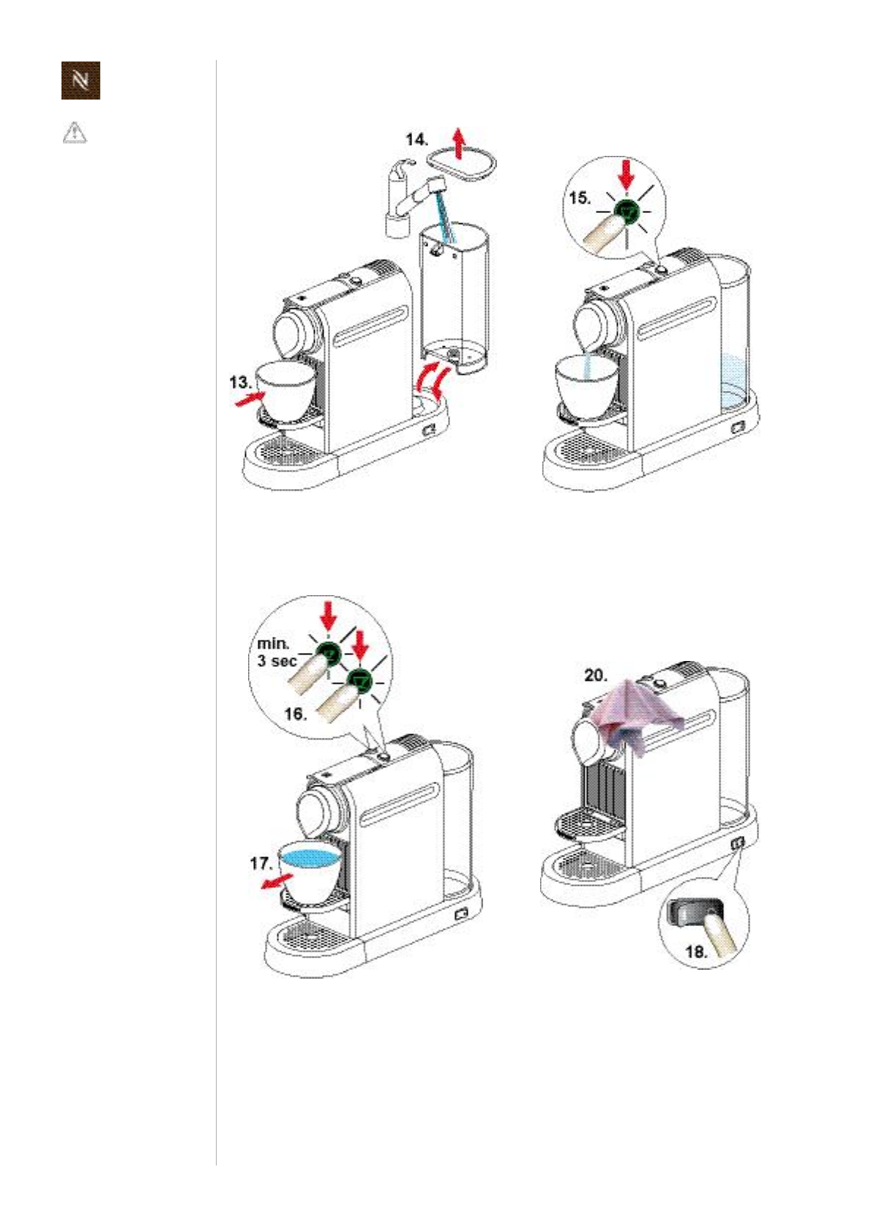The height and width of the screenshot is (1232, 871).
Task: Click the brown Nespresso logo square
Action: [81, 81]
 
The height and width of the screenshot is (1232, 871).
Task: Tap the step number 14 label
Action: [416, 140]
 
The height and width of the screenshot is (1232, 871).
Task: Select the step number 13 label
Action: [240, 381]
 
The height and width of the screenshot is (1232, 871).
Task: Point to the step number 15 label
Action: [580, 198]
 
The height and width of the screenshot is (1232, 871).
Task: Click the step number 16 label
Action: [295, 714]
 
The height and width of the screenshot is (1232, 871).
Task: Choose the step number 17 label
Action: [261, 864]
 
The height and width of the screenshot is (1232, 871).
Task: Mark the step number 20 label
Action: [596, 675]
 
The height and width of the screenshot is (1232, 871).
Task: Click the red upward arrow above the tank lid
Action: [458, 143]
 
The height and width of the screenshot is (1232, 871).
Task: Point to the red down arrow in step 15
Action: [626, 176]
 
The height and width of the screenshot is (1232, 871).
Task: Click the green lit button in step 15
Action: [627, 212]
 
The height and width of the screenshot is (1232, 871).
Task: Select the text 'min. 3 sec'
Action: [277, 652]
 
